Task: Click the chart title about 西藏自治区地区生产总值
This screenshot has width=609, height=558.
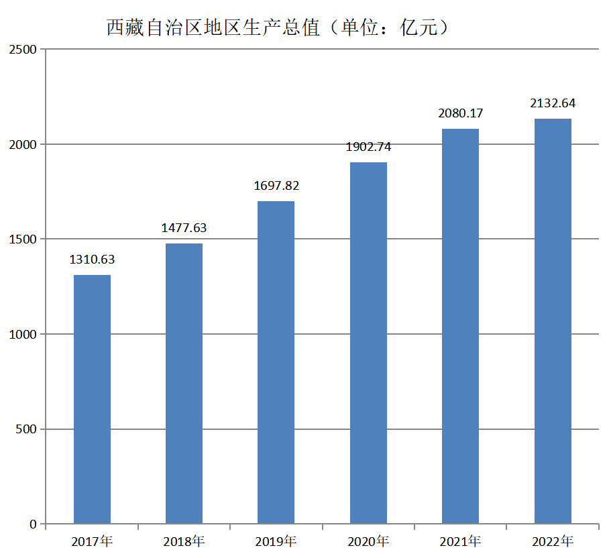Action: tap(277, 28)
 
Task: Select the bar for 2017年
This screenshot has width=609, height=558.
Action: tap(92, 399)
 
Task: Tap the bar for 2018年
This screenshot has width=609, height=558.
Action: tap(184, 383)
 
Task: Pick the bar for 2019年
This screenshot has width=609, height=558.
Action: tap(276, 362)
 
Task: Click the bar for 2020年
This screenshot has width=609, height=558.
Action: tap(368, 343)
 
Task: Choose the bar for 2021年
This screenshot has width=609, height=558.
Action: tap(460, 326)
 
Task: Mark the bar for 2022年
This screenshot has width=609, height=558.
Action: tap(553, 321)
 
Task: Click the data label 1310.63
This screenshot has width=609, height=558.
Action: tap(92, 260)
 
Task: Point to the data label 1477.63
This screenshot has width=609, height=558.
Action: tap(184, 228)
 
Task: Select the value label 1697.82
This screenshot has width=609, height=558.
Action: tap(276, 186)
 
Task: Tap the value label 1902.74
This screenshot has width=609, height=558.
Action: tap(368, 147)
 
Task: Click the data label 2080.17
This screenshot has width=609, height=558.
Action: tap(461, 113)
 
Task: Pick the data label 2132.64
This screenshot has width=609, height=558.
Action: tap(553, 103)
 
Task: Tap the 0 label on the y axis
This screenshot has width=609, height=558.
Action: tap(33, 524)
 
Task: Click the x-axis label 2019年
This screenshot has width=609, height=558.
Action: tap(276, 541)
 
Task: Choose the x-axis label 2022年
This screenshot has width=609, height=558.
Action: tap(553, 541)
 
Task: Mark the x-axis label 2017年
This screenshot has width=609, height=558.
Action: tap(92, 541)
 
